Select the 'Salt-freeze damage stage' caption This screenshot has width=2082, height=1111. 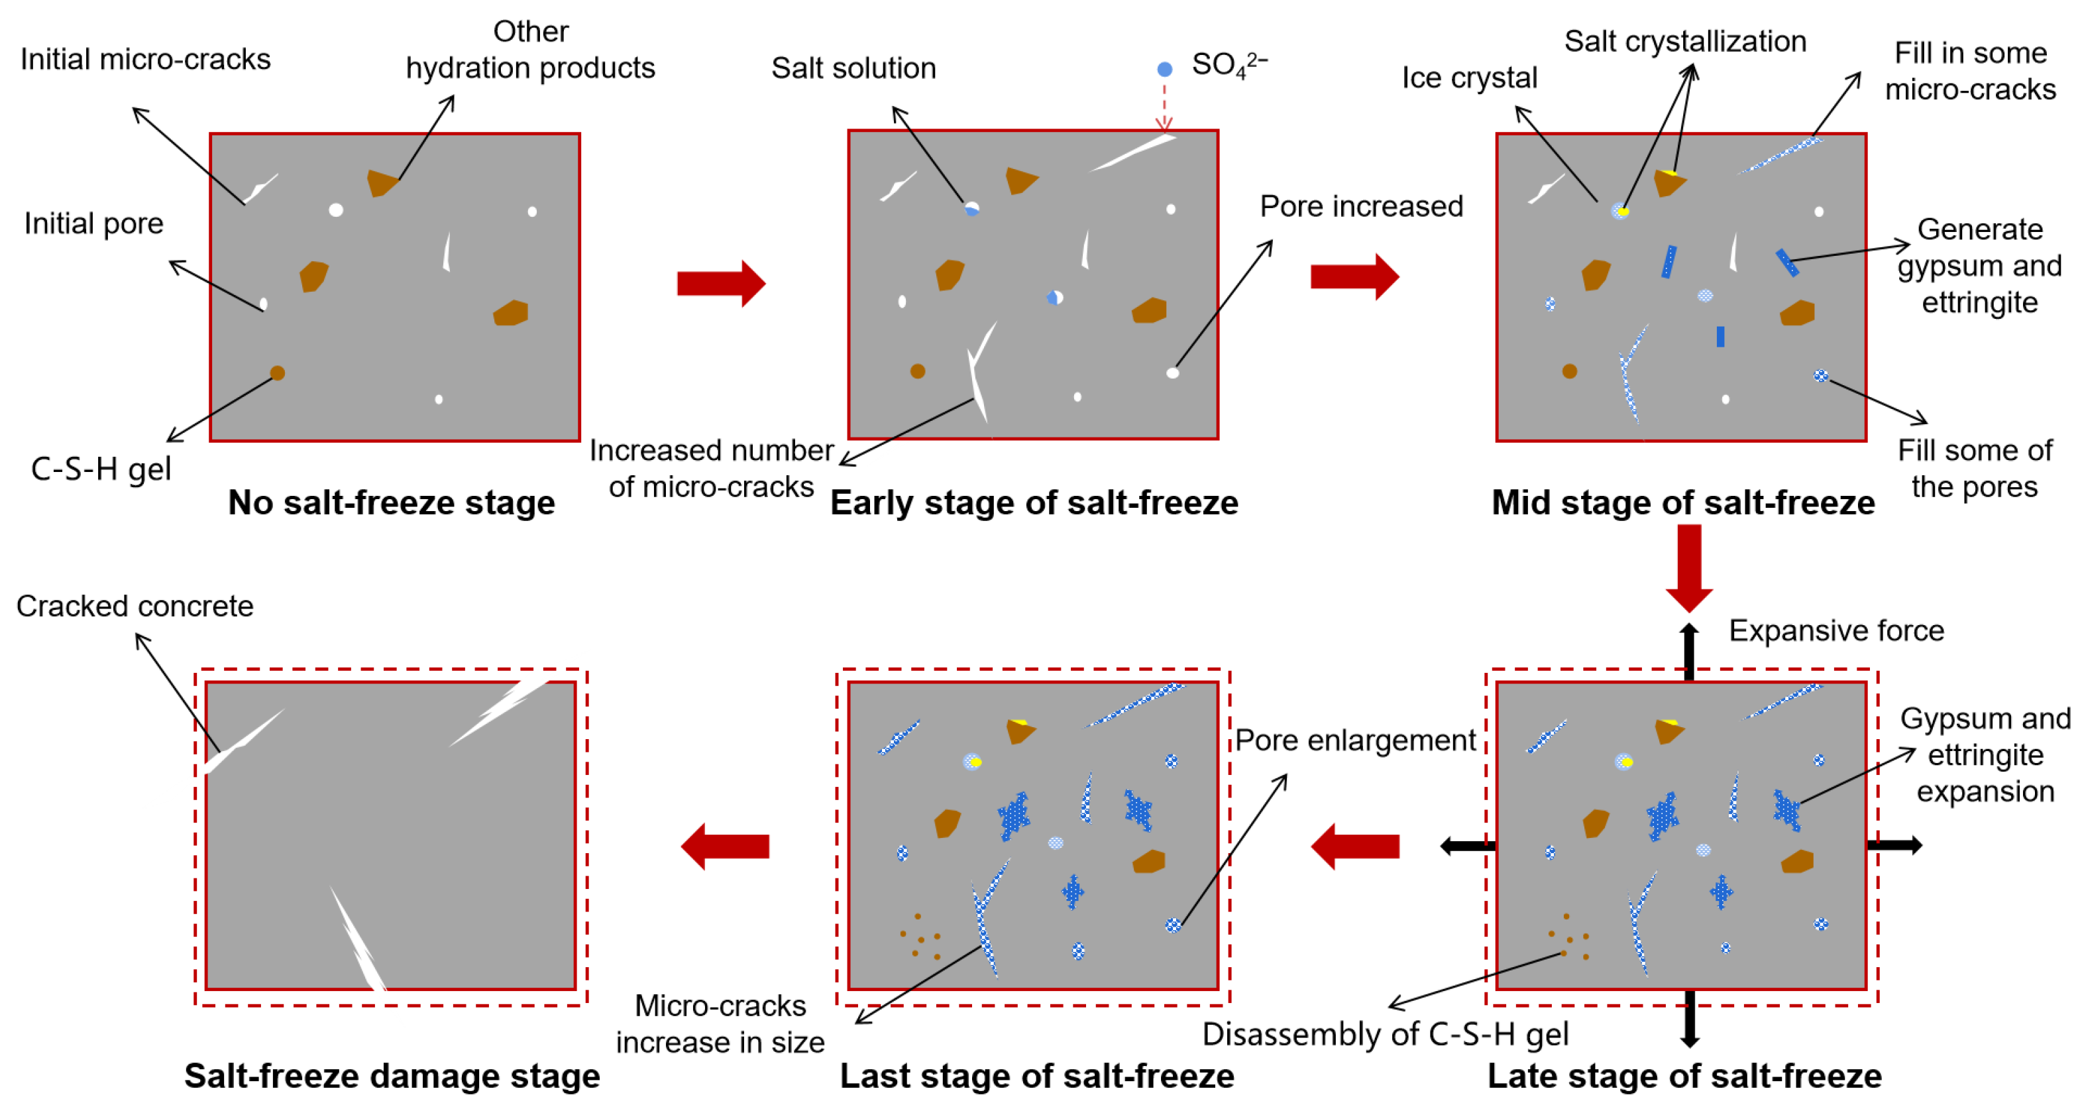(x=392, y=1075)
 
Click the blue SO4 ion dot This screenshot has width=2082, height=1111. (x=1164, y=70)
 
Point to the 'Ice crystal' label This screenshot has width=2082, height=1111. (x=1468, y=78)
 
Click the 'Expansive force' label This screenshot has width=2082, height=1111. (x=1835, y=630)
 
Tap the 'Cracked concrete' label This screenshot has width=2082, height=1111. (x=135, y=606)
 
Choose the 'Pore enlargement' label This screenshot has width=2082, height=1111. (x=1354, y=740)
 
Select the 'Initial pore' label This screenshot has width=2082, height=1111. (x=93, y=223)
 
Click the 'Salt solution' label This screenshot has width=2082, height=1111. (x=853, y=68)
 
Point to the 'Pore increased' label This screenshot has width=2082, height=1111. (x=1361, y=206)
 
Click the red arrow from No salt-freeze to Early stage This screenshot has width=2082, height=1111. (x=720, y=284)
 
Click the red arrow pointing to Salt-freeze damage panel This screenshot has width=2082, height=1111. (x=725, y=847)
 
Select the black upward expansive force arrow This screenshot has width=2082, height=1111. (x=1689, y=650)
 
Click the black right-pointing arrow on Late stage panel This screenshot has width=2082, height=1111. (x=1894, y=846)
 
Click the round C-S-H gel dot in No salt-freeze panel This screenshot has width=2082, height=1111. (x=277, y=373)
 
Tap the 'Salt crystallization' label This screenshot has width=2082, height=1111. (x=1685, y=41)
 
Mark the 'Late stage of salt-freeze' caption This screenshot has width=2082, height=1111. (x=1684, y=1075)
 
